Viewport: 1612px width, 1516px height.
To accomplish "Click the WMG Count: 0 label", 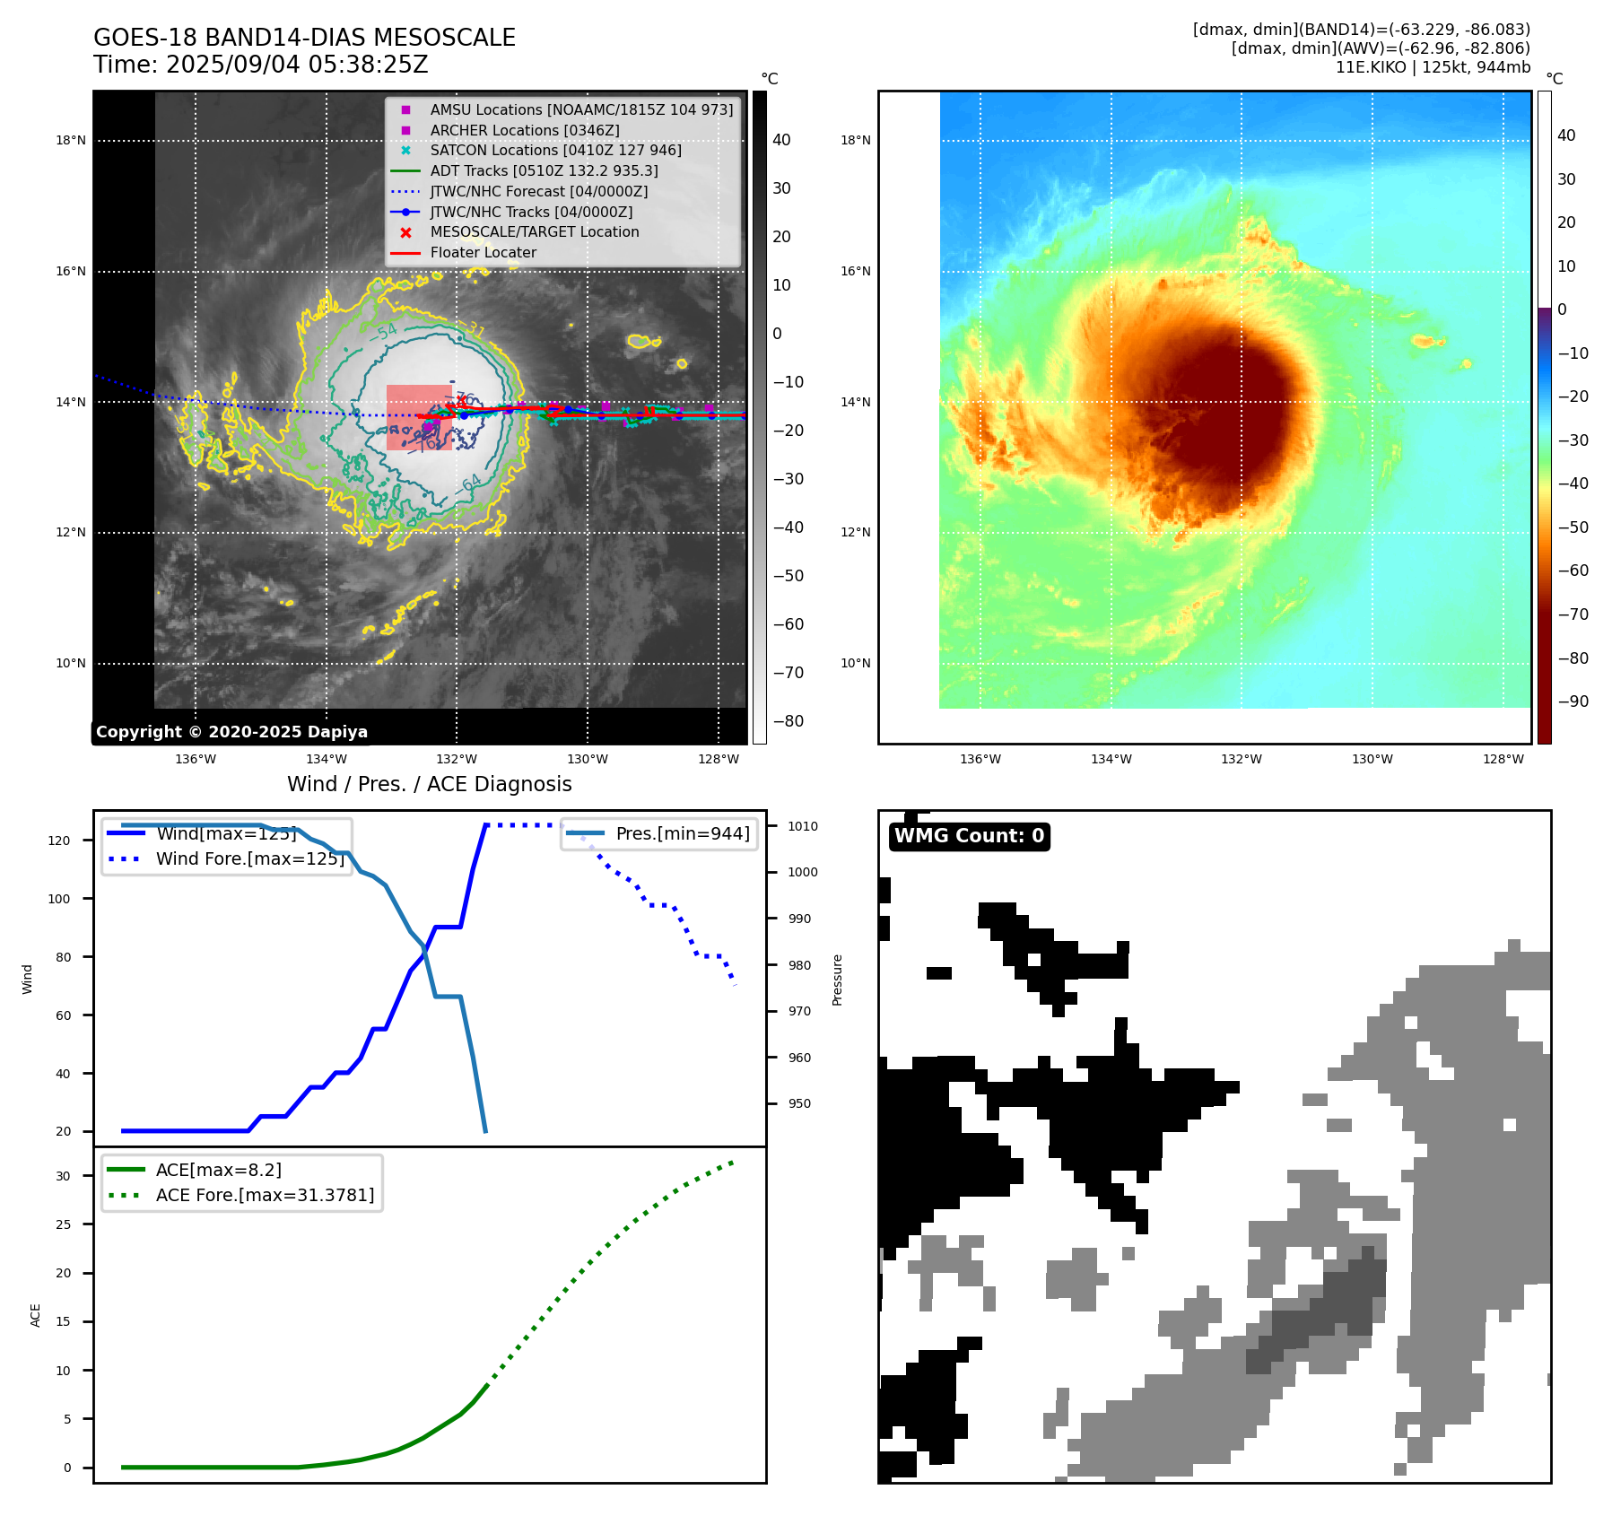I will pos(969,836).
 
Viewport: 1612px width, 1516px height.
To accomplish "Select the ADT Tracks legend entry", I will pos(544,170).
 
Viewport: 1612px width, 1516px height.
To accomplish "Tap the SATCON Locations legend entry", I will pos(555,150).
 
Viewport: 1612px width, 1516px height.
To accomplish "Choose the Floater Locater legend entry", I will pos(483,253).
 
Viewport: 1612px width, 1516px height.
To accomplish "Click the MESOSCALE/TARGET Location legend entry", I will pos(534,231).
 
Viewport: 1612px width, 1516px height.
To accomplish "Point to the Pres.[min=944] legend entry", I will pos(682,833).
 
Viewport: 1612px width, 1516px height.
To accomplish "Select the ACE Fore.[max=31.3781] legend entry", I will pos(265,1195).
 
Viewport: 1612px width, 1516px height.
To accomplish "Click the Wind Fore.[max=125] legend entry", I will pos(249,858).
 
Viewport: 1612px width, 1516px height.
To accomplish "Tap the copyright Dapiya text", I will pos(231,732).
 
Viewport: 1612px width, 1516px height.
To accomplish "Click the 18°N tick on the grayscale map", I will pos(71,140).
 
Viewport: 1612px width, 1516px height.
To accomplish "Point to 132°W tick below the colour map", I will pos(1241,759).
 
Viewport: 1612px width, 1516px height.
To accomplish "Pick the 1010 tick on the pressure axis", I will pos(803,826).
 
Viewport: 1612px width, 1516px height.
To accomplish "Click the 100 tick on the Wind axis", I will pos(59,899).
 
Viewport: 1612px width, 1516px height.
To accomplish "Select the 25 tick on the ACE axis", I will pos(63,1224).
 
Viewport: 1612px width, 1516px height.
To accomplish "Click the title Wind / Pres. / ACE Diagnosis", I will pos(429,784).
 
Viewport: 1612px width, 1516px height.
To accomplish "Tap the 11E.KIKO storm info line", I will pos(1433,67).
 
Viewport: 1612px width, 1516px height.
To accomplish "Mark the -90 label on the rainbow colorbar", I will pos(1573,701).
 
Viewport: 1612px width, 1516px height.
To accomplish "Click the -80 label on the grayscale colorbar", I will pos(789,721).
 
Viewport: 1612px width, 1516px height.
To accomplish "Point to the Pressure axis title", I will pos(837,980).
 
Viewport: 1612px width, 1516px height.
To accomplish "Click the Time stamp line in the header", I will pos(260,65).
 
